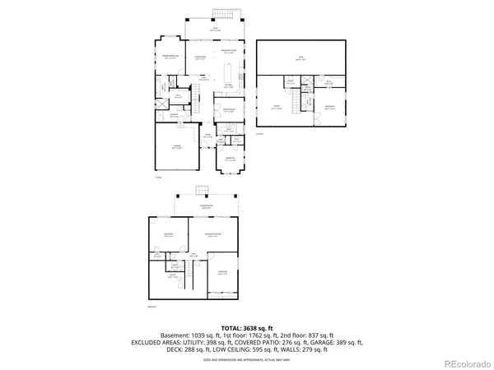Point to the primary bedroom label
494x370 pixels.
pyautogui.click(x=170, y=58)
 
